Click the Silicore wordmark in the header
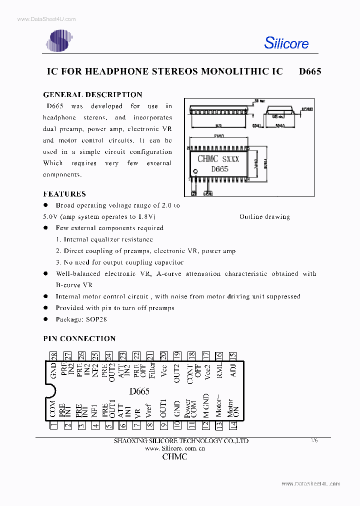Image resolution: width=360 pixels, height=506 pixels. (286, 43)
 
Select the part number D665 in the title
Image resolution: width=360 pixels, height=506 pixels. (310, 71)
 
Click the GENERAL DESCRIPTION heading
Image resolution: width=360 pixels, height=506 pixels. (92, 94)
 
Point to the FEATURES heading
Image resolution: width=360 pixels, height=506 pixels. (64, 194)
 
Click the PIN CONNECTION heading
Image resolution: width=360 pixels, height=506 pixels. (79, 338)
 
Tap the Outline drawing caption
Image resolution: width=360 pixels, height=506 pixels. (264, 216)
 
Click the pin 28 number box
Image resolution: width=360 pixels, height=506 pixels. (54, 356)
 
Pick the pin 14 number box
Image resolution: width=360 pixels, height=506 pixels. (232, 425)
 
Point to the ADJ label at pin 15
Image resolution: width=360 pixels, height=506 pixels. (232, 370)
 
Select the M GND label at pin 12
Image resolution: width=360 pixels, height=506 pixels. (206, 405)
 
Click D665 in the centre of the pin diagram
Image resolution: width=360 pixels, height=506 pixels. (139, 391)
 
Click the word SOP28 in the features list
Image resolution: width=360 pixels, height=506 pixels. (96, 319)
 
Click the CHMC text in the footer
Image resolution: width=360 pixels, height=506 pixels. (174, 457)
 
